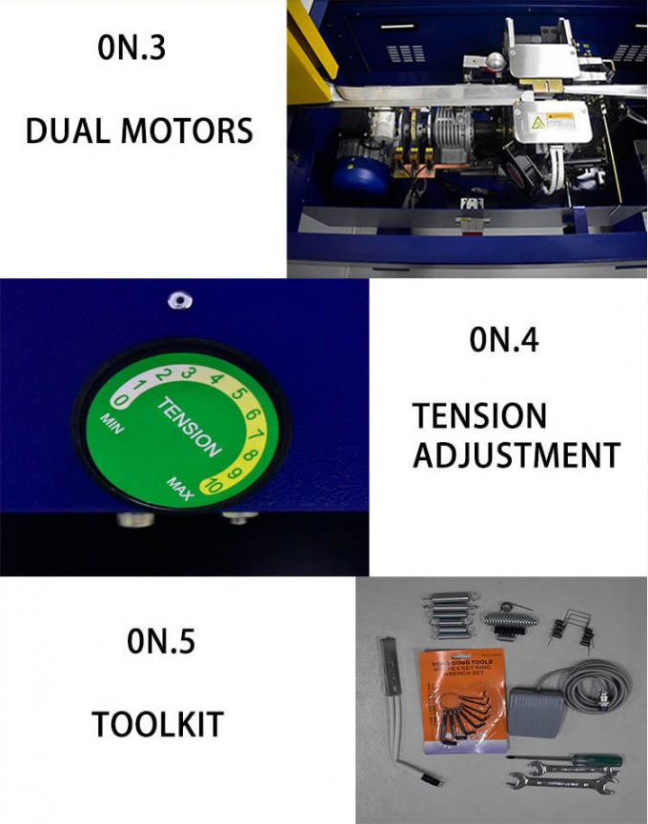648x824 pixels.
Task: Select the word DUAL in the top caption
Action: (65, 130)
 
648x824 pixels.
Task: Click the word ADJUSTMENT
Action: (516, 454)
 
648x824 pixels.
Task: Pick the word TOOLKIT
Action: (157, 724)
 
